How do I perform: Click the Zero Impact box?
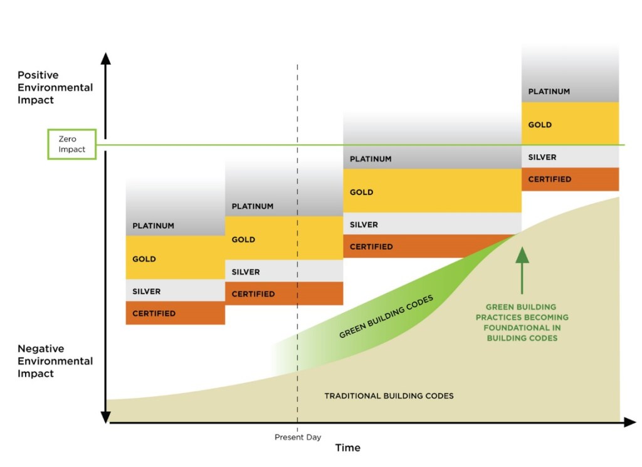72,144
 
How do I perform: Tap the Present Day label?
298,437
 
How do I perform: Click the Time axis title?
347,448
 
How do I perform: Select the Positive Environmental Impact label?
55,88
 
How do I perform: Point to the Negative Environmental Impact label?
55,361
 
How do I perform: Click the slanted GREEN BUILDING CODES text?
386,317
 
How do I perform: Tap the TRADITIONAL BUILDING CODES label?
389,396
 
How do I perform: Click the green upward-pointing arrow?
522,270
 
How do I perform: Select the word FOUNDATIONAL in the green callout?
522,328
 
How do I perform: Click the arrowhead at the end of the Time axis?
629,422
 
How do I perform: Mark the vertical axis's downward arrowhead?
106,417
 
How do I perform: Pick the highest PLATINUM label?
549,92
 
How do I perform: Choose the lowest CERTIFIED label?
154,313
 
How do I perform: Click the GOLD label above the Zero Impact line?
540,125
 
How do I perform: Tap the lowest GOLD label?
144,259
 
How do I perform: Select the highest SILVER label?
542,157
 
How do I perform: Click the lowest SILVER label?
146,291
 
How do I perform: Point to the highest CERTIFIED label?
550,179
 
